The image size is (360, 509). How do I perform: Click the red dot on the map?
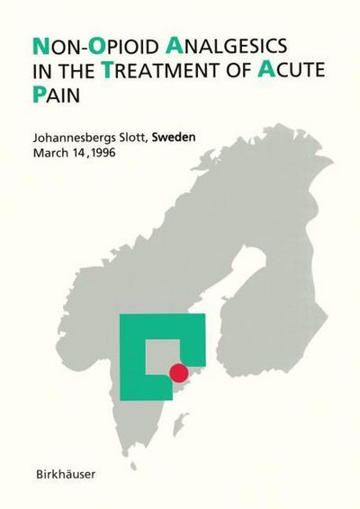[179, 371]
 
